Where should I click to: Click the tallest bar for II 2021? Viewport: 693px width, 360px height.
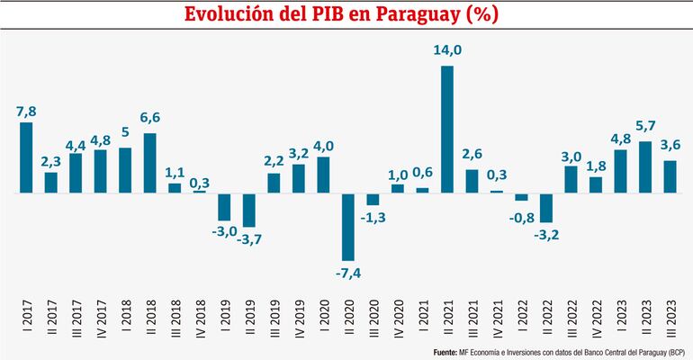coord(447,130)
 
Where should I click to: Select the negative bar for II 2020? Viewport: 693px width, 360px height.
coord(348,226)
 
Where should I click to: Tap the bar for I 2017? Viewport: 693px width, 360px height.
coord(26,157)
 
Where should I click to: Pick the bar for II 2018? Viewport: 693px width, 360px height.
coord(150,163)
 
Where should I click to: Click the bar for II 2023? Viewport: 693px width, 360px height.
coord(645,166)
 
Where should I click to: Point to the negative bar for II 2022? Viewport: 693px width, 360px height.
coord(546,207)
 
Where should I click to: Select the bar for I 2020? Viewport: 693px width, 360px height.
coord(323,175)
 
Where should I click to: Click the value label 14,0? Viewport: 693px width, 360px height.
coord(447,51)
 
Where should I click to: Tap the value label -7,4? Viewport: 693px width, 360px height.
coord(348,273)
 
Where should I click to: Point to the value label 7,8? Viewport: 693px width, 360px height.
coord(26,111)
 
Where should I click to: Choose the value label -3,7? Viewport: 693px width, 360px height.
coord(249,239)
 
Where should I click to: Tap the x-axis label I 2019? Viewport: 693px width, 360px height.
coord(224,317)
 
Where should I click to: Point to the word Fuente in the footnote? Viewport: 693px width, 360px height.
coord(445,351)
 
